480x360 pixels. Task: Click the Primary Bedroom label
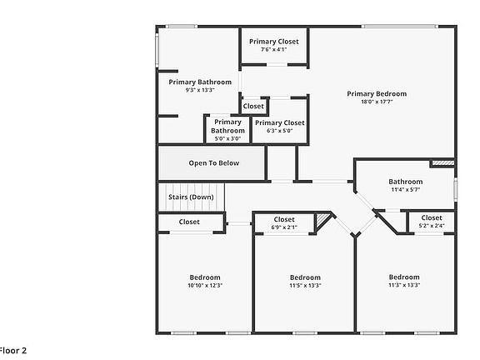pos(377,93)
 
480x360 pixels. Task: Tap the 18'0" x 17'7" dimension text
pos(377,103)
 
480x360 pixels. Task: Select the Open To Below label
pos(213,163)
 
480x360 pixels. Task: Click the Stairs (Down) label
pos(191,197)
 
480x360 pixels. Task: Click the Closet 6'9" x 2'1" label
pos(285,222)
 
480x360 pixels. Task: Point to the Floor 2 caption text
pos(13,350)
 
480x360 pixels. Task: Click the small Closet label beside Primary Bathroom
pos(253,107)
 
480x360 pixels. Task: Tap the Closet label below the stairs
pos(189,222)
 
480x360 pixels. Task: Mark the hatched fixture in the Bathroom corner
pos(442,163)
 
